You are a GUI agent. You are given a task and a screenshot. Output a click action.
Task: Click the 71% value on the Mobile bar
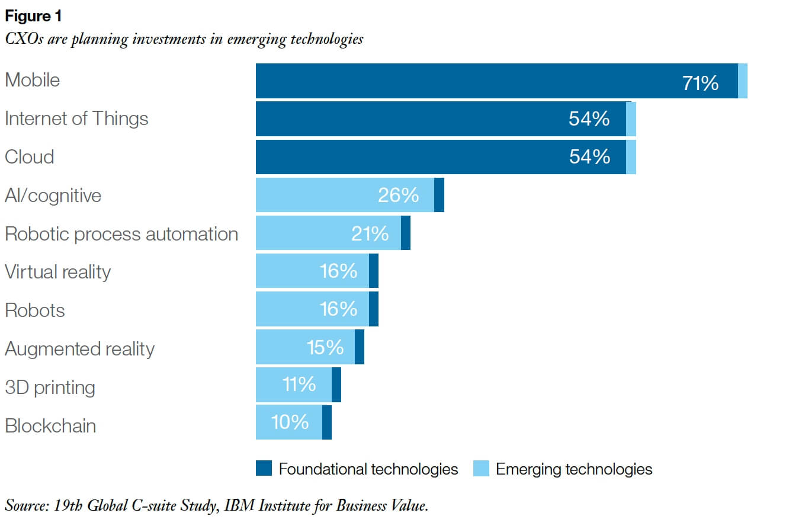click(700, 83)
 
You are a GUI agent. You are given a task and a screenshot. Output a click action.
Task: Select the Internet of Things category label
click(76, 118)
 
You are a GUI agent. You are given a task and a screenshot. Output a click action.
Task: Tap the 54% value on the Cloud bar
click(589, 156)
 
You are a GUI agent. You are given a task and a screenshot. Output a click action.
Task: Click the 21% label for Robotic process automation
click(370, 233)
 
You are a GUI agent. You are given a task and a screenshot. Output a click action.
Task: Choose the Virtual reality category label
click(57, 272)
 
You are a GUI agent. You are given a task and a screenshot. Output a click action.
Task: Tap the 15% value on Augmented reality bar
click(325, 347)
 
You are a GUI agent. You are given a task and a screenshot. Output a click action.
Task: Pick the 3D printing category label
click(50, 387)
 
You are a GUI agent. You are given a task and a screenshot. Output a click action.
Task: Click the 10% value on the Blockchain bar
click(290, 422)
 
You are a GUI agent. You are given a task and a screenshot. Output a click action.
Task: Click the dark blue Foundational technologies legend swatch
click(264, 469)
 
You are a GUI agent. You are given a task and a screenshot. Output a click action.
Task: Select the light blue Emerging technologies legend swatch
click(481, 469)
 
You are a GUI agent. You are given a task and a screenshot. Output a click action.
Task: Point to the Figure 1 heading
click(33, 16)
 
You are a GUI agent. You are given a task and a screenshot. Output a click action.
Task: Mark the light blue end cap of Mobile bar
click(743, 81)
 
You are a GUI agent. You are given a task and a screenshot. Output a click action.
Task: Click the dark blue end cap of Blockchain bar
click(327, 422)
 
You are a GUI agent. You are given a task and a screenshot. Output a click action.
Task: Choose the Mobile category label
click(32, 80)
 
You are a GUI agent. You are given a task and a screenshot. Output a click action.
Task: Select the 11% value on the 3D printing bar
click(299, 384)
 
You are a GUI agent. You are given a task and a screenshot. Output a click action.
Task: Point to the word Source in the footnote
click(25, 505)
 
